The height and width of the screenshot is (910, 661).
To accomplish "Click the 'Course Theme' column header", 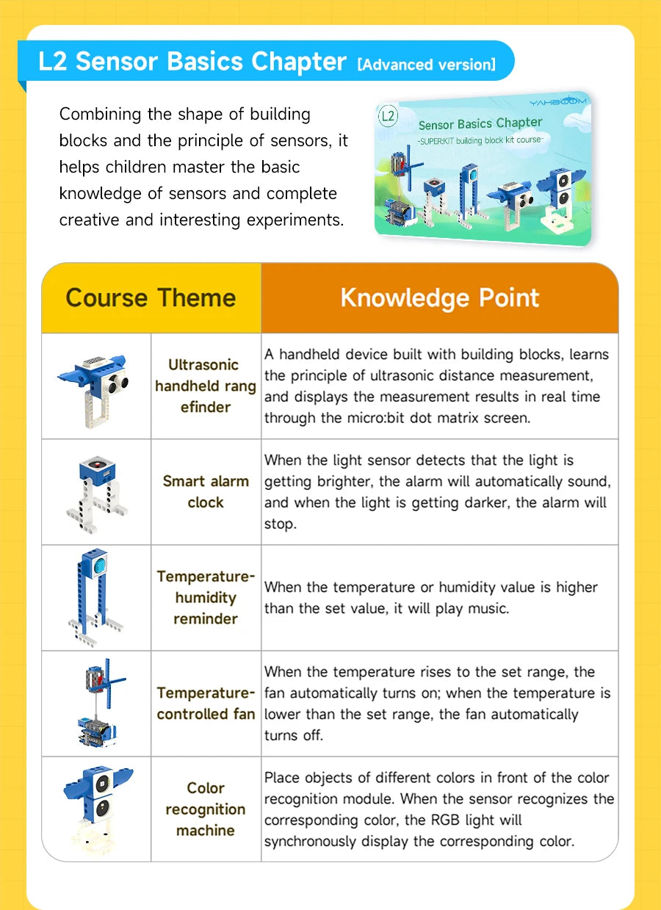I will (151, 298).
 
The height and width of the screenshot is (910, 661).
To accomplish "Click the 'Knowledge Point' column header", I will (439, 298).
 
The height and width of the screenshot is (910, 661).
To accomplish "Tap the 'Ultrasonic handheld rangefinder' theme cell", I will (206, 386).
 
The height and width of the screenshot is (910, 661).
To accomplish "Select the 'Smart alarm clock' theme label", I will (206, 491).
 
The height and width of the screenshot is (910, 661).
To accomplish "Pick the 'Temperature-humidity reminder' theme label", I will (206, 597).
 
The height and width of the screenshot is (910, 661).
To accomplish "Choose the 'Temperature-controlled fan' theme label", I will (206, 703).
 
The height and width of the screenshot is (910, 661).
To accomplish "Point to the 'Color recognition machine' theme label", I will (206, 809).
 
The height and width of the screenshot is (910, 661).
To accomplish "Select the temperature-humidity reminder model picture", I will (95, 597).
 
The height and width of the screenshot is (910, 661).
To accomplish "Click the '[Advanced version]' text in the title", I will (426, 65).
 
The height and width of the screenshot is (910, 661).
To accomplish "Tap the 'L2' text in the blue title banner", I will (52, 62).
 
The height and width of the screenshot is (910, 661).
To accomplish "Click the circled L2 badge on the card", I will (389, 116).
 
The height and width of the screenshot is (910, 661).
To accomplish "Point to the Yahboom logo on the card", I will (557, 101).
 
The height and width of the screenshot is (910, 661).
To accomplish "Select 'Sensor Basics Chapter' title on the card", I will (480, 123).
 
